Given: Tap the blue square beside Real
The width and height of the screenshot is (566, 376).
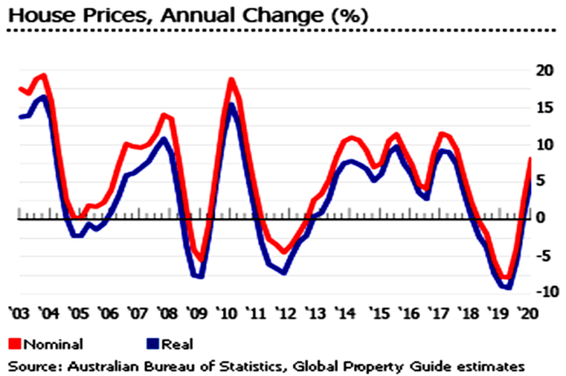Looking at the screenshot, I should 151,343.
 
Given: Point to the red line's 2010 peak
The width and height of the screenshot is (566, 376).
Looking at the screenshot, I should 232,79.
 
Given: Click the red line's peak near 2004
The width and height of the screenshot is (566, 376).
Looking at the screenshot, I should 43,76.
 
